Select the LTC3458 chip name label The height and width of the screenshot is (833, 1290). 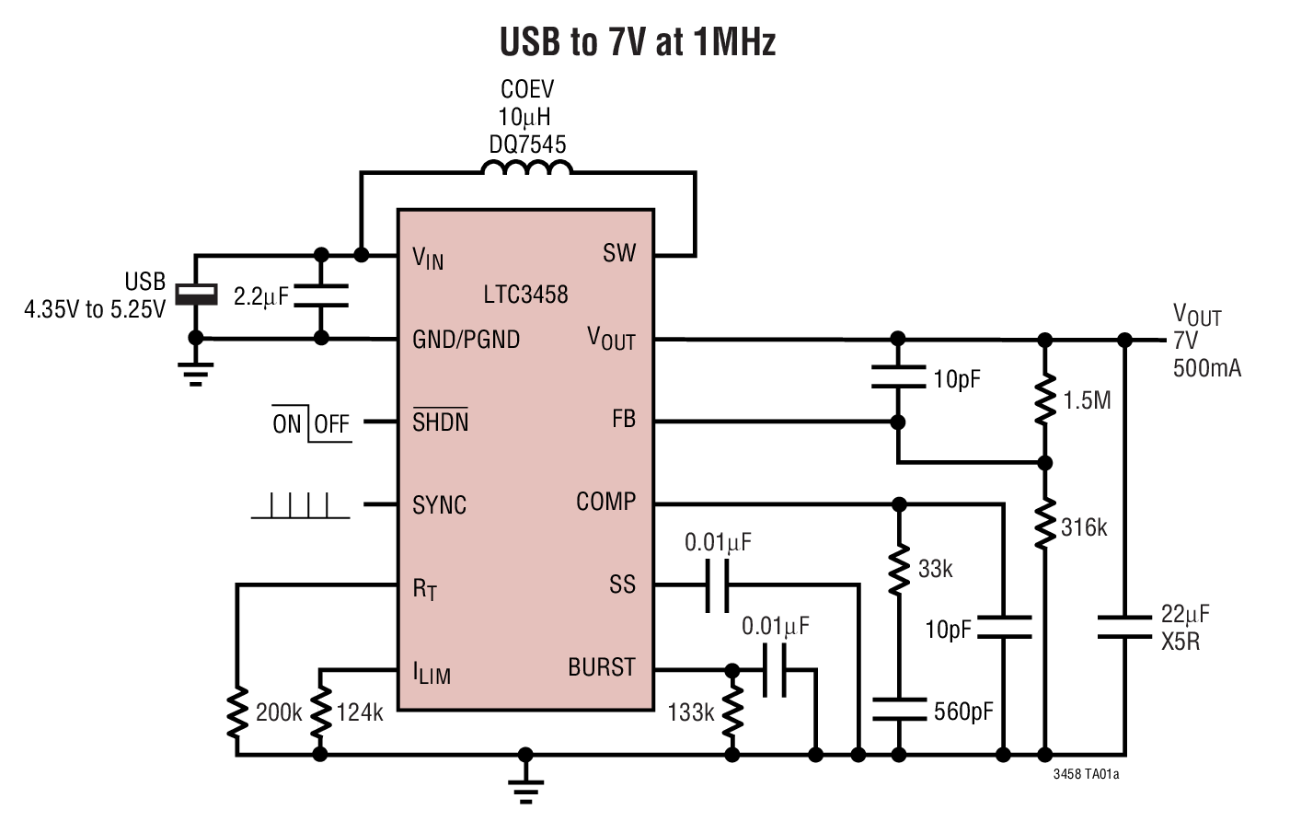[x=525, y=295]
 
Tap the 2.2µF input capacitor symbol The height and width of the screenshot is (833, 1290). [x=321, y=295]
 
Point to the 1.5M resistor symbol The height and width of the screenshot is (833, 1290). [x=1044, y=399]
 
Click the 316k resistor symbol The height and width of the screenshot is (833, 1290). [x=1044, y=526]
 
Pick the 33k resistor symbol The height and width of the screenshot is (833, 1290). [x=899, y=570]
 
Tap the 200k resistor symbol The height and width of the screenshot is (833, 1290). [x=237, y=712]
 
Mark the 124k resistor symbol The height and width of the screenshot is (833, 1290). [x=320, y=712]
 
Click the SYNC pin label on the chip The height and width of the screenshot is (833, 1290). [x=439, y=504]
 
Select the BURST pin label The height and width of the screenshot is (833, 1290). [x=601, y=667]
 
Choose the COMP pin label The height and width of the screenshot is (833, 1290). [x=605, y=502]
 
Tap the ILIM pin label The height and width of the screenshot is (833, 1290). [x=431, y=672]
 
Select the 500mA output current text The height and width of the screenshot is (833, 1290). [x=1206, y=368]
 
